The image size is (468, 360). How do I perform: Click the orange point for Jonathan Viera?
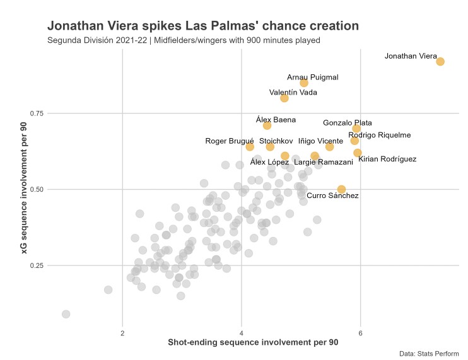(440, 61)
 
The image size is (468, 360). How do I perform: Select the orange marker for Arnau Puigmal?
(304, 83)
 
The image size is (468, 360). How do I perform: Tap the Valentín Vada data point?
(284, 98)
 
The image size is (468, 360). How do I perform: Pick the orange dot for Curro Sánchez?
(341, 189)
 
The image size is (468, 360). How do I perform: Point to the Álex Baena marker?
(267, 125)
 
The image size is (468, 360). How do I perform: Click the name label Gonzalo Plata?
(347, 123)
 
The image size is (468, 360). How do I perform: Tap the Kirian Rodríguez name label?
(387, 159)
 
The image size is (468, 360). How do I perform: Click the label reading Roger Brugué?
(230, 141)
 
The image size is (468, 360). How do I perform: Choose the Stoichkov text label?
(276, 141)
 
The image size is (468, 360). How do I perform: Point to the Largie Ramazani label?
(324, 163)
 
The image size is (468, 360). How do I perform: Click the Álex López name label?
(269, 163)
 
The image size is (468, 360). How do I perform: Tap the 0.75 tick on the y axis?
(37, 113)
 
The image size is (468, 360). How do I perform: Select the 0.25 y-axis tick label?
(37, 265)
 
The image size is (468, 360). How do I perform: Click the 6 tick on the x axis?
(360, 333)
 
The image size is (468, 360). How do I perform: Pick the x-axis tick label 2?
(122, 333)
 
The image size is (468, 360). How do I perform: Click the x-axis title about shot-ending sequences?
(253, 343)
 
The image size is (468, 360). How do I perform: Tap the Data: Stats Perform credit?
(429, 354)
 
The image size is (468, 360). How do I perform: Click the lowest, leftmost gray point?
(66, 314)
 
